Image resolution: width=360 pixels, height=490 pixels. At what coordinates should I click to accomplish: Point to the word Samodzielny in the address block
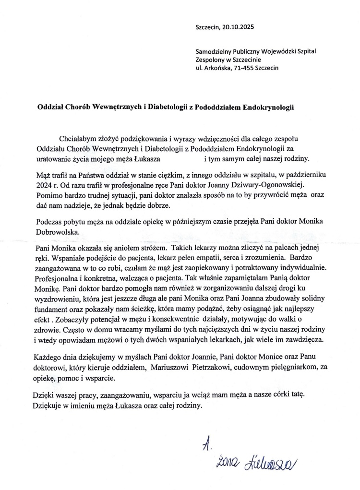pos(214,51)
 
